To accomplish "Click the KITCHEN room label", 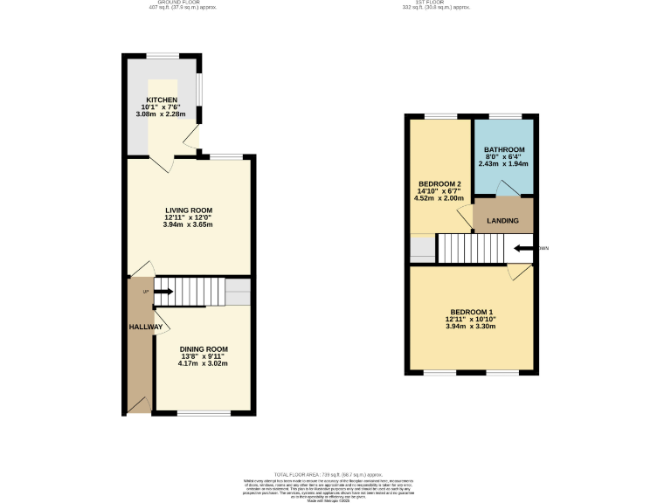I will pyautogui.click(x=162, y=100).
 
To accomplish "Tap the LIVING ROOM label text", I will pyautogui.click(x=189, y=210).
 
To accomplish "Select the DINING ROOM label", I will pyautogui.click(x=204, y=349).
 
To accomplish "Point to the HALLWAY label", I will pyautogui.click(x=146, y=327).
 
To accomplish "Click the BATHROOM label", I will pyautogui.click(x=504, y=150).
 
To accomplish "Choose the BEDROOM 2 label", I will pyautogui.click(x=439, y=183).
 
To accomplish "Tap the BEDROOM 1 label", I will pyautogui.click(x=472, y=313).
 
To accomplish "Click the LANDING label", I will pyautogui.click(x=502, y=221).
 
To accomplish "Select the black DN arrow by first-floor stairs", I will pyautogui.click(x=522, y=248).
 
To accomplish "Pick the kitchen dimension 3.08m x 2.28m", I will pyautogui.click(x=163, y=114).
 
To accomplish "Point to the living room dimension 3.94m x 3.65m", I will pyautogui.click(x=189, y=224).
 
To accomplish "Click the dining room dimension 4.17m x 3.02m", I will pyautogui.click(x=204, y=363).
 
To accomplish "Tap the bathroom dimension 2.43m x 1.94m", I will pyautogui.click(x=503, y=163).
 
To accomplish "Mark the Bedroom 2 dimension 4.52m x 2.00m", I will pyautogui.click(x=439, y=197).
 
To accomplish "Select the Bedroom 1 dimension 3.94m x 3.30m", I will pyautogui.click(x=472, y=327).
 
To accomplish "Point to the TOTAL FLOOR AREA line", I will pyautogui.click(x=335, y=472).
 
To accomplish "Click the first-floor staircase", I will pyautogui.click(x=472, y=249).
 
